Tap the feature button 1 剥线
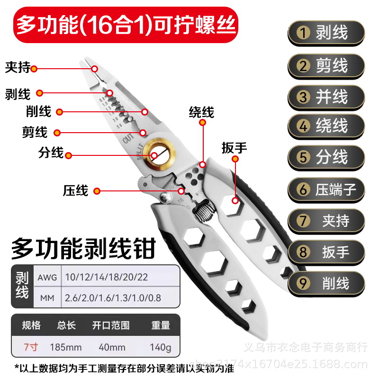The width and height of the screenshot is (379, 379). pyautogui.click(x=326, y=33)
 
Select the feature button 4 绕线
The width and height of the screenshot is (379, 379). pyautogui.click(x=326, y=126)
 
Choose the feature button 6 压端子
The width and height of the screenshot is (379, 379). pyautogui.click(x=326, y=190)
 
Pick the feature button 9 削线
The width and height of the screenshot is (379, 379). pyautogui.click(x=326, y=283)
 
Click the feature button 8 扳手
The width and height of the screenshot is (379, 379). pyautogui.click(x=326, y=252)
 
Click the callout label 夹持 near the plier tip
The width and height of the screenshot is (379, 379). pyautogui.click(x=18, y=68)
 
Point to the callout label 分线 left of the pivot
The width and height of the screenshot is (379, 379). pyautogui.click(x=51, y=153)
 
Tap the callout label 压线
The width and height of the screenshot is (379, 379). pyautogui.click(x=75, y=191)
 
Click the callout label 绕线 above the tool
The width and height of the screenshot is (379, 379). pyautogui.click(x=201, y=112)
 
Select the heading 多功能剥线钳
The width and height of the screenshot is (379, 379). pyautogui.click(x=83, y=248)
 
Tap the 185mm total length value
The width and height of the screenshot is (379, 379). pyautogui.click(x=65, y=347)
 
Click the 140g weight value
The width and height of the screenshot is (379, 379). pyautogui.click(x=161, y=347)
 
